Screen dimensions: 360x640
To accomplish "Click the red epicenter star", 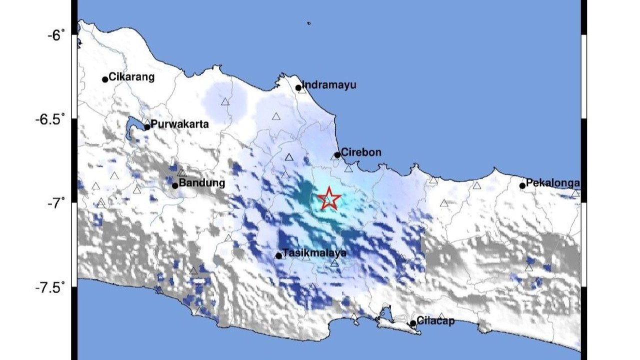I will point(329,199).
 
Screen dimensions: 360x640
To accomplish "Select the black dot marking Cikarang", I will point(105,79).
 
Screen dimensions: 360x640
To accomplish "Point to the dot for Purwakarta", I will point(147,127).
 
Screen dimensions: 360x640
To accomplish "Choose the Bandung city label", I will point(201,183).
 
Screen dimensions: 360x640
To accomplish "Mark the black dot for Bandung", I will point(175,185).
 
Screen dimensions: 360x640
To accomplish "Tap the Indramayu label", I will point(329,85).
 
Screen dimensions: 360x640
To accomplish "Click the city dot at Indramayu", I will point(298,88).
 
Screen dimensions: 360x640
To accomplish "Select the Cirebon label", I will point(361,152).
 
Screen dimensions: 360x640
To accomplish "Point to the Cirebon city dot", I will point(337,155).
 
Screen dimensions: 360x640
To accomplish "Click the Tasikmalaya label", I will point(314,253).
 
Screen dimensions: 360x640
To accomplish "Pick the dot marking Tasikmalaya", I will point(278,256).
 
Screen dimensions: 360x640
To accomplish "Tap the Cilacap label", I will point(435,321).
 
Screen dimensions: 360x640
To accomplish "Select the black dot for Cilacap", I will point(413,323).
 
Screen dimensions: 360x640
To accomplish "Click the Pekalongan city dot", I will point(522,185).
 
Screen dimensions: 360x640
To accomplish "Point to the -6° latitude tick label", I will point(56,35).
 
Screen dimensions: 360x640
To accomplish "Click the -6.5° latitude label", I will point(50,119).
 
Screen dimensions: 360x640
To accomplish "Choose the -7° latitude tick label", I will point(56,203).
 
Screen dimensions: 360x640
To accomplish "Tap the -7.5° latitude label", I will point(50,288).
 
